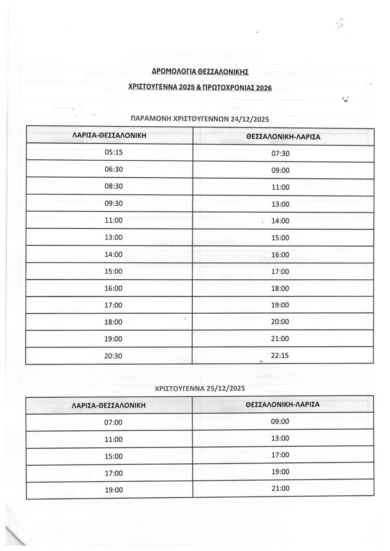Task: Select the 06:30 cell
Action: (114, 169)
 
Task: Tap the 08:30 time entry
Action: (114, 187)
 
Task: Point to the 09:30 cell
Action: (114, 203)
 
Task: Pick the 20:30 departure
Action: (114, 356)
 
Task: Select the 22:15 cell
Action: (280, 355)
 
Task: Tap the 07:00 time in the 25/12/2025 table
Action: (114, 422)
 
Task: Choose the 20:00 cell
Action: (280, 321)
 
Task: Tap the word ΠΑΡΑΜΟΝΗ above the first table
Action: (147, 119)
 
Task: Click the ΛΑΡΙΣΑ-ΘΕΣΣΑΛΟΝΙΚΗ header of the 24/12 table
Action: (109, 136)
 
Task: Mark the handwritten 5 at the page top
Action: (339, 26)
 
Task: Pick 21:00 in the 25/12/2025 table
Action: (280, 489)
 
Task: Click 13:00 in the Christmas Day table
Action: (280, 438)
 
